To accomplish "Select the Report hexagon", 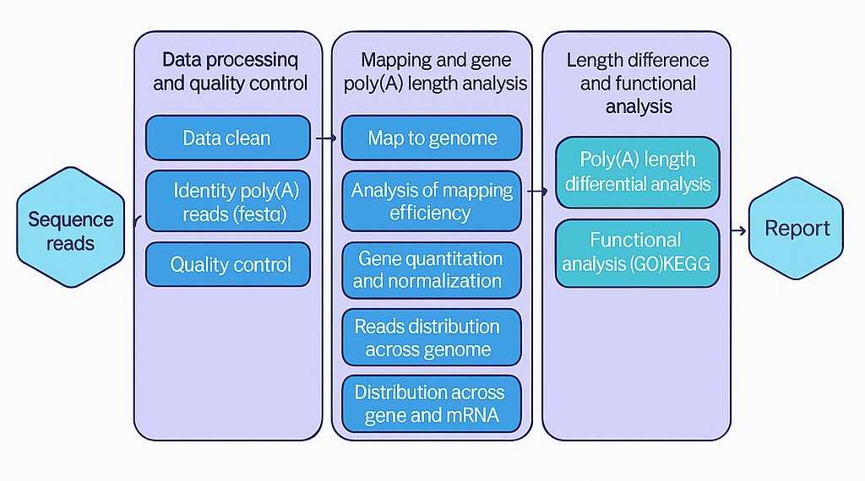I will click(796, 228).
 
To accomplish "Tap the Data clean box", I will click(227, 138).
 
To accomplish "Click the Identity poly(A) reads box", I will click(228, 202).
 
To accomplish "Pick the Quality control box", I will click(228, 264).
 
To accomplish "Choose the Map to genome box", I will click(432, 138).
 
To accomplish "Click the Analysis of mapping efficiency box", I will click(432, 202).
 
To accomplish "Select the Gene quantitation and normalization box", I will click(432, 269).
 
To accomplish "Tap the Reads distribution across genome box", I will click(432, 338).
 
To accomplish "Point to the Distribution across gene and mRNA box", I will click(432, 403).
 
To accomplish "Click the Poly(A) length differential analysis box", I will click(638, 172).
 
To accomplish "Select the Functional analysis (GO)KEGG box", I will click(638, 252).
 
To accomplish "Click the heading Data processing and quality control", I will click(230, 72).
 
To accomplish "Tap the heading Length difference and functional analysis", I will click(638, 84).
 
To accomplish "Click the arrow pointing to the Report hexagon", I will click(737, 230).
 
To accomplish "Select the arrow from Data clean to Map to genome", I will click(326, 137).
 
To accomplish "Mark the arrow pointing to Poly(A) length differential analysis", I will click(537, 192).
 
